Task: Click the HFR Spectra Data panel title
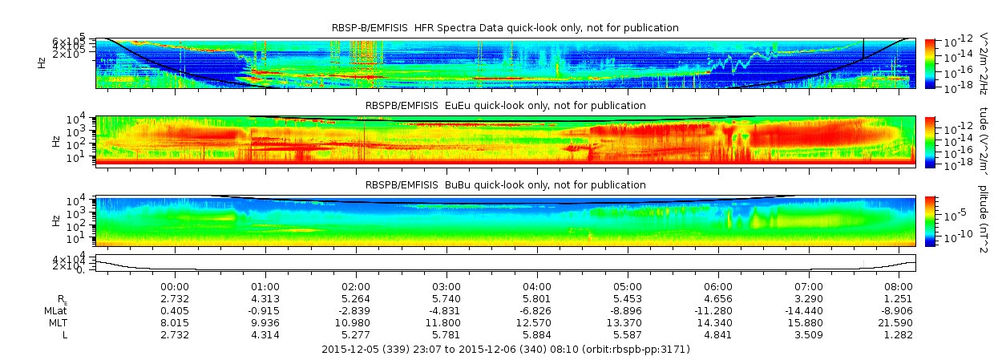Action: (505, 28)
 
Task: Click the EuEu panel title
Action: (505, 106)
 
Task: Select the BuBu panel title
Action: (505, 184)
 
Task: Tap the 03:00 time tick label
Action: (446, 286)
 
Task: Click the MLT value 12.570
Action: (537, 322)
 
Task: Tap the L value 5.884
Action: (537, 334)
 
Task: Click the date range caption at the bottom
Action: (505, 350)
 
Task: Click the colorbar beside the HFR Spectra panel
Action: (930, 62)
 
